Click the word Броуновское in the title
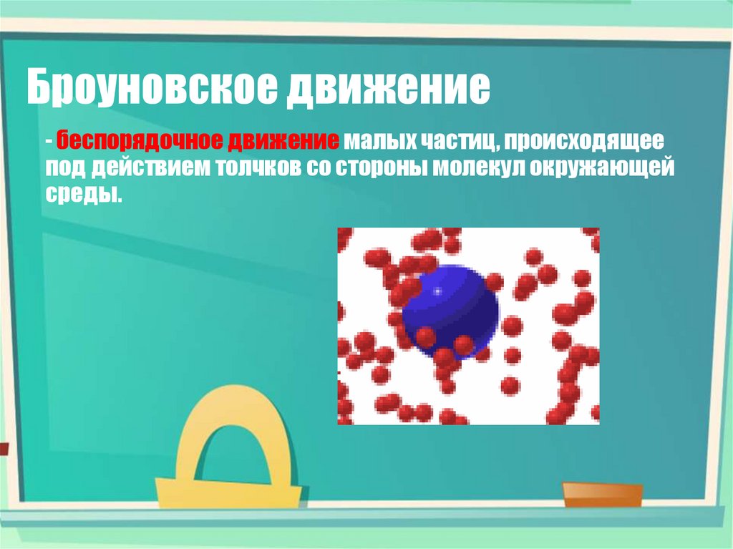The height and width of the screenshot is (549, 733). click(x=150, y=88)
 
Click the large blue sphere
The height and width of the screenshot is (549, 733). click(x=451, y=308)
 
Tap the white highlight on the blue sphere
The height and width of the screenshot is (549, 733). click(x=437, y=291)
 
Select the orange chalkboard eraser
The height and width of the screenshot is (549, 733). click(x=602, y=493)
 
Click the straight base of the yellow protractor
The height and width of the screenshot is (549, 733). click(x=228, y=492)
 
